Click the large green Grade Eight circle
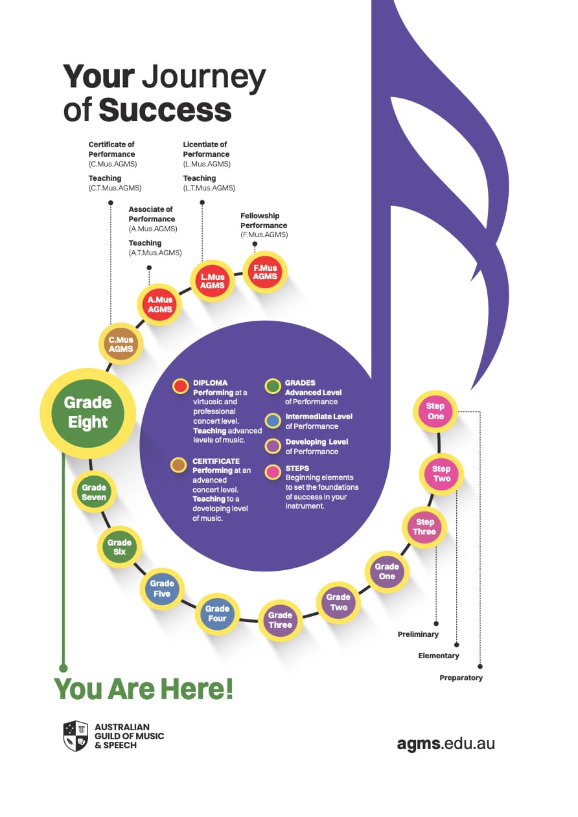[88, 413]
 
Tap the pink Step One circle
[435, 411]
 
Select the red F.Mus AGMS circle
[265, 272]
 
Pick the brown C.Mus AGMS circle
[121, 344]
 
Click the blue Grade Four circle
[217, 614]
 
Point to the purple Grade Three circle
[280, 620]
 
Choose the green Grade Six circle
[120, 547]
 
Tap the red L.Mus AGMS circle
[213, 281]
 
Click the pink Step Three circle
[424, 527]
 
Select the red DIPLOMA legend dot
[180, 386]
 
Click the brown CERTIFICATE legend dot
[179, 465]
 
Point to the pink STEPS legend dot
[273, 472]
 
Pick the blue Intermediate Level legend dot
[273, 421]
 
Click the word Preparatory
[461, 678]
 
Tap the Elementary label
[438, 656]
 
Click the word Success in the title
[165, 109]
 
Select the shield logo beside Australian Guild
[76, 736]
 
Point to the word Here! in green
[196, 689]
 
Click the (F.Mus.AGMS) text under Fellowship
[264, 235]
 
